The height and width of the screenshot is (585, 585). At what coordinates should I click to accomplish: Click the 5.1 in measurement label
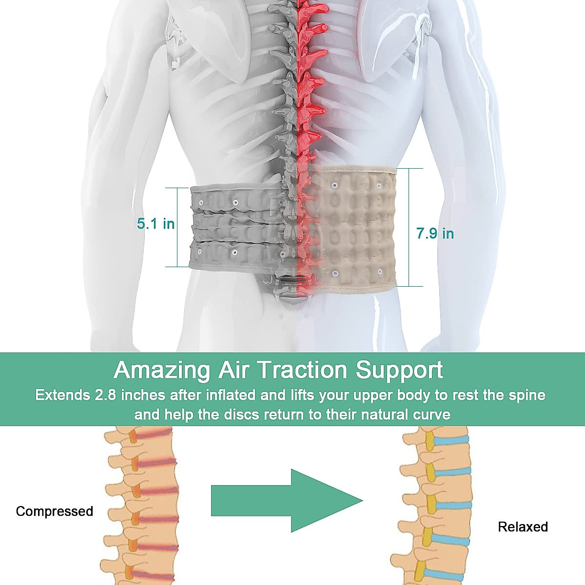point(156,224)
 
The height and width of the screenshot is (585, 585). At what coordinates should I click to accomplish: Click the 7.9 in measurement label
point(435,234)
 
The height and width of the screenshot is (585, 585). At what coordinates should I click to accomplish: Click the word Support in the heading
point(399,370)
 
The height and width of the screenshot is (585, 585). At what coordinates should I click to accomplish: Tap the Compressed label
point(54,511)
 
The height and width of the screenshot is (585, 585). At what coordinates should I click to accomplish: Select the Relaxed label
point(523,527)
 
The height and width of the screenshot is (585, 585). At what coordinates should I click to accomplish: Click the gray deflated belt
point(234,227)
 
